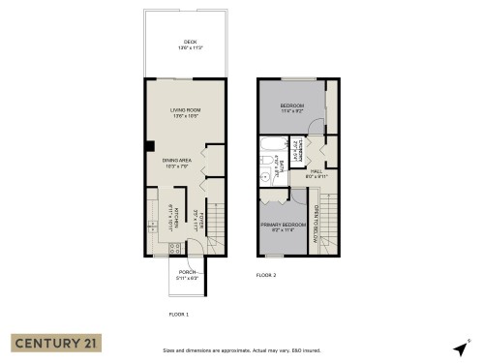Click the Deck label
(190, 45)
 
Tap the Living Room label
(185, 112)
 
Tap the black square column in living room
(149, 147)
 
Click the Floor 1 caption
(178, 315)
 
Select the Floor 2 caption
(266, 275)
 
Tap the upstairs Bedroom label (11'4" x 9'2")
(293, 108)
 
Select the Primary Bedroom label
(283, 227)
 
